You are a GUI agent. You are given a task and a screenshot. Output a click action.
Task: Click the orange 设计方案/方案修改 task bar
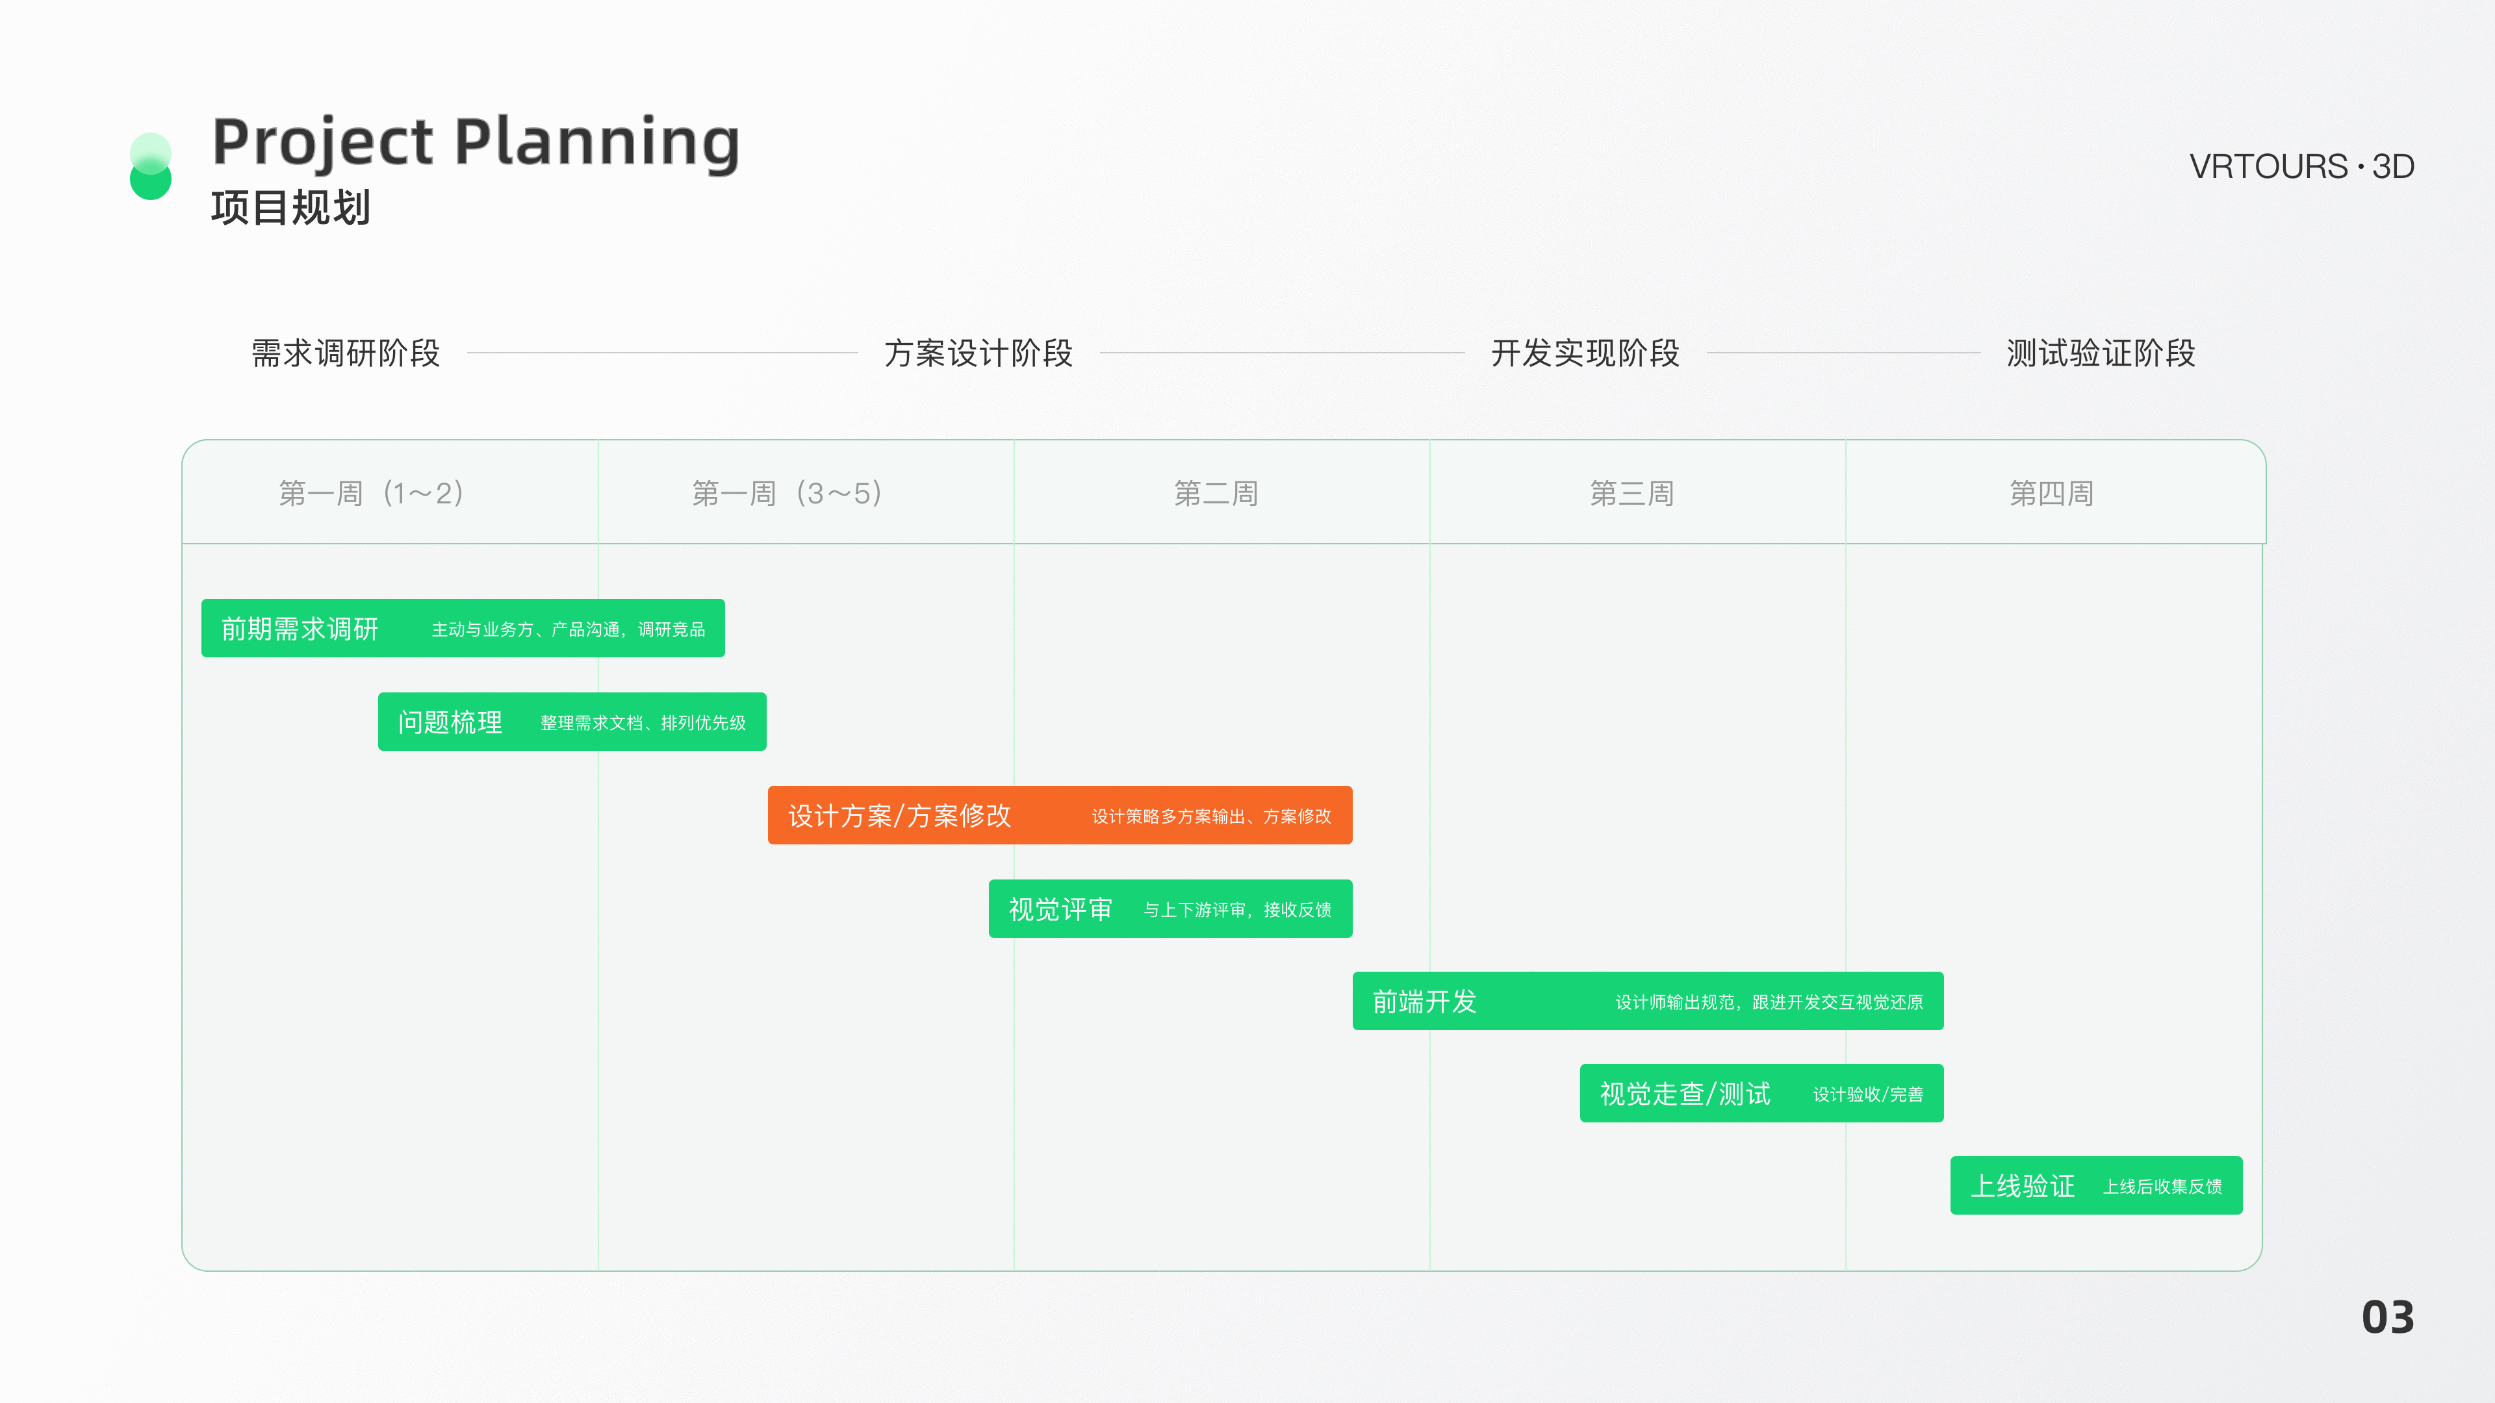tap(1060, 815)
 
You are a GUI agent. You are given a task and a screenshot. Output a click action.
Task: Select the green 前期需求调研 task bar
tap(463, 628)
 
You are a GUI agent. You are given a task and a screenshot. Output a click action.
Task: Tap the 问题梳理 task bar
tap(572, 722)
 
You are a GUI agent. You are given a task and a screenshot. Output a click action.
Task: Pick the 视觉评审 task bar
tap(1170, 908)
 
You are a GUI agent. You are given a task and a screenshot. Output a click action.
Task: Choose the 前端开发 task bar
tap(1648, 1001)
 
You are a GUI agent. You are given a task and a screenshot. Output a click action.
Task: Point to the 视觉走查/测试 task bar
tap(1761, 1093)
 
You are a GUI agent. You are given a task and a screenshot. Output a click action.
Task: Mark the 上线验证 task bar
tap(2096, 1185)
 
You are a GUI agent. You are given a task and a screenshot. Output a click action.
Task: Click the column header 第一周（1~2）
tap(371, 494)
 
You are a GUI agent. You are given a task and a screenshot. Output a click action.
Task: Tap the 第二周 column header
tap(1216, 494)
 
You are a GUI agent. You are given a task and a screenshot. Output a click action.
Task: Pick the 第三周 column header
tap(1632, 494)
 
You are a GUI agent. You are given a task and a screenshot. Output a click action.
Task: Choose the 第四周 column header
tap(2051, 494)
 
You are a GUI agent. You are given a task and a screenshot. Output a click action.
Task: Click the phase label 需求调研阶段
tap(346, 353)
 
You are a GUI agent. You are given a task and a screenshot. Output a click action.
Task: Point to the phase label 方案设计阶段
tap(979, 353)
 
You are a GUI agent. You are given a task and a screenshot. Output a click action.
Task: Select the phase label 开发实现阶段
tap(1585, 353)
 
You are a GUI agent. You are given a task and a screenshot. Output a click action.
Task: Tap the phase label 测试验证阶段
tap(2101, 353)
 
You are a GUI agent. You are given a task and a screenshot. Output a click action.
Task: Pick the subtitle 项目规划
tap(290, 207)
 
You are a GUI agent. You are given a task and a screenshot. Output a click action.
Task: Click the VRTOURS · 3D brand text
tap(2301, 166)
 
